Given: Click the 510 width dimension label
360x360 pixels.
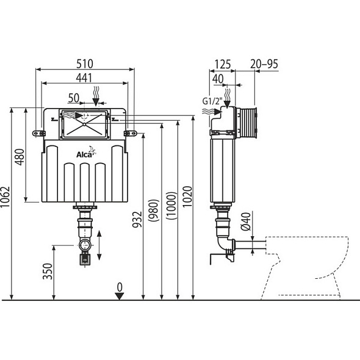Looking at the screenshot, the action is click(85, 64).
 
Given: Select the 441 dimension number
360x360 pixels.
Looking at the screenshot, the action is click(84, 78).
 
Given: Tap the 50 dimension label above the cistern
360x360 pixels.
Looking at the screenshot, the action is click(74, 98).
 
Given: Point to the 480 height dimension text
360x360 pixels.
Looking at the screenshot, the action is click(20, 157).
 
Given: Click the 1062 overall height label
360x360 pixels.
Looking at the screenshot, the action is click(5, 196).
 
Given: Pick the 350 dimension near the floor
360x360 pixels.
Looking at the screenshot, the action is click(48, 272).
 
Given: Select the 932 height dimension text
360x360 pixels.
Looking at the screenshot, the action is click(137, 220).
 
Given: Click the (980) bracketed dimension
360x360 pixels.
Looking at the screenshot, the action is click(154, 211).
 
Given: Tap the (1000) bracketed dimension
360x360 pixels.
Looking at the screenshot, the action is click(171, 206).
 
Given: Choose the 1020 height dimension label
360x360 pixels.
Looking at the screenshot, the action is click(187, 196).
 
